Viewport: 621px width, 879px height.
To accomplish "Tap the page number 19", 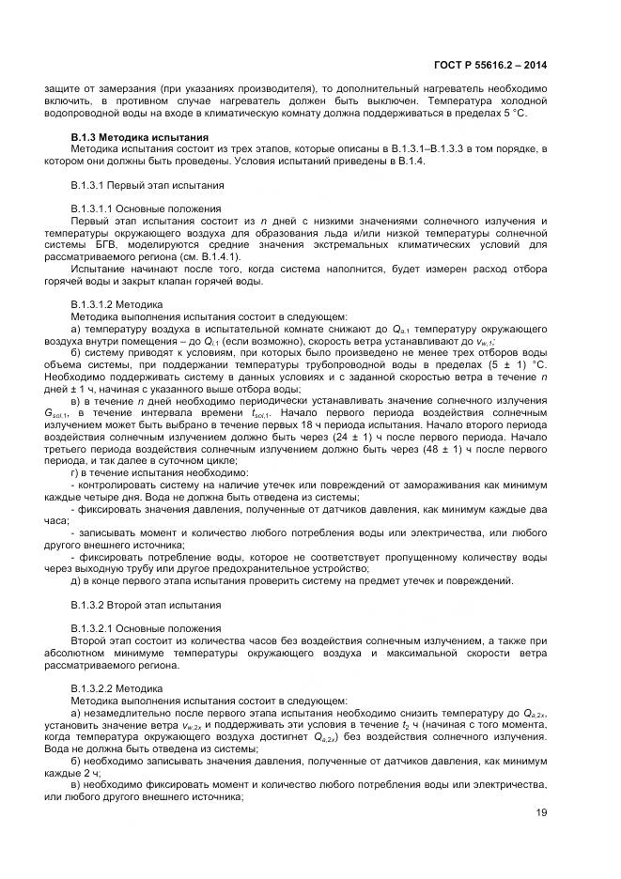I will pyautogui.click(x=541, y=815).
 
